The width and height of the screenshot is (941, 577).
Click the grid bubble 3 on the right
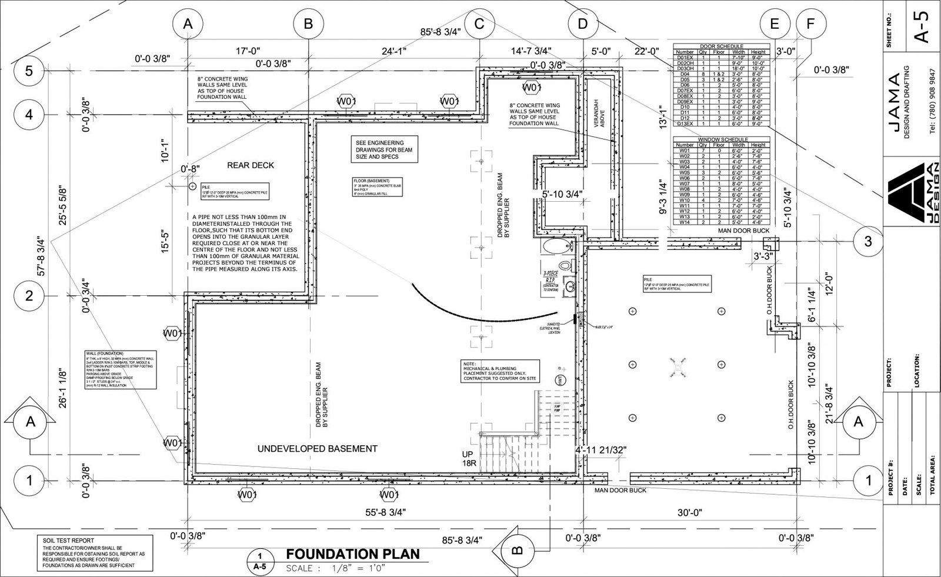(868, 242)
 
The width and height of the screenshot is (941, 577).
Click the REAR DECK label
(251, 165)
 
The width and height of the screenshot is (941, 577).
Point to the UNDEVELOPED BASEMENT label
(317, 449)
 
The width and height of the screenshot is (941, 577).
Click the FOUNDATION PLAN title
(353, 554)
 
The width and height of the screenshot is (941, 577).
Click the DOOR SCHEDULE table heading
(721, 46)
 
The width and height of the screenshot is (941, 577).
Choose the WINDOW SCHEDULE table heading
(721, 139)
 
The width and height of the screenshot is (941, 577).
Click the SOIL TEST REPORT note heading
(68, 541)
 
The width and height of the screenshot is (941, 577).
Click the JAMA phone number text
(932, 106)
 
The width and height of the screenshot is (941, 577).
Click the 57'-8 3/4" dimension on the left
(41, 256)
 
